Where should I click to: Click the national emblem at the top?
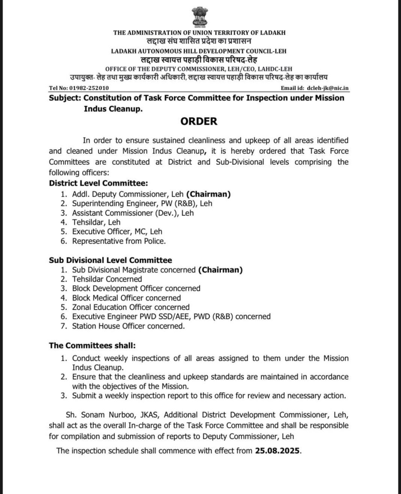click(200, 16)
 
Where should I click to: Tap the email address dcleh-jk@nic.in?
click(327, 88)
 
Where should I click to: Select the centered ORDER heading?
click(199, 121)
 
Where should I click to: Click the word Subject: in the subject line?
click(65, 98)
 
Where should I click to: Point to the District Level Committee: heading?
click(98, 183)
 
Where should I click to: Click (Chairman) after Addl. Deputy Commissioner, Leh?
click(208, 194)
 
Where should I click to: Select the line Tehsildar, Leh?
click(96, 222)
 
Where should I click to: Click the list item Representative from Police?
click(119, 241)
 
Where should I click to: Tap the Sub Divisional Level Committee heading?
click(110, 260)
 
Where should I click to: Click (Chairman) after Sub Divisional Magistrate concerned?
click(220, 270)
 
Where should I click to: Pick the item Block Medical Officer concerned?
click(126, 298)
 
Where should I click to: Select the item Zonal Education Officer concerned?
click(131, 307)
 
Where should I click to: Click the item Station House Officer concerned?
click(128, 326)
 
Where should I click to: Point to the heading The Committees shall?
click(92, 345)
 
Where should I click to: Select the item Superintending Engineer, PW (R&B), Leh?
click(142, 203)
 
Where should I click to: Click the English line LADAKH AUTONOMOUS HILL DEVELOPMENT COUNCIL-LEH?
click(199, 51)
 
